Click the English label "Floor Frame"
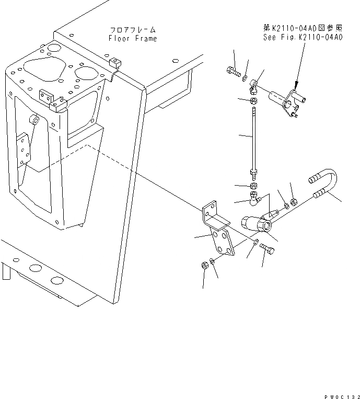[133, 38]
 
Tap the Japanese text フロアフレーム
[133, 30]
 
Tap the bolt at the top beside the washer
[233, 72]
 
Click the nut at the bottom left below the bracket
[205, 265]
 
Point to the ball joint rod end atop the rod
[253, 82]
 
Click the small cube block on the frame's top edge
[116, 63]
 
